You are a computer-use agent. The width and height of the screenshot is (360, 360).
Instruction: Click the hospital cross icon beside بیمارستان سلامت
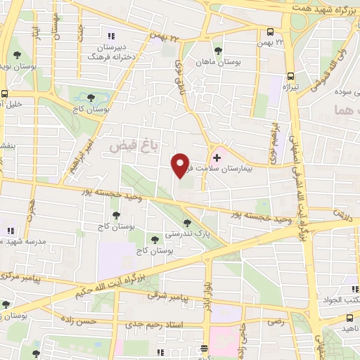click(x=217, y=157)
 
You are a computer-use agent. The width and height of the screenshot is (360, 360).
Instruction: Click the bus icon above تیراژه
click(x=291, y=76)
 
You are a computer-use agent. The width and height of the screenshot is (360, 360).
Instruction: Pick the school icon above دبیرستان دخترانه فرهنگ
click(x=110, y=35)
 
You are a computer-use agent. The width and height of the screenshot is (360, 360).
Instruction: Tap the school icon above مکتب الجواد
click(x=353, y=289)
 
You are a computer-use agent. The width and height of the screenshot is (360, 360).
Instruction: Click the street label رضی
click(x=274, y=321)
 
